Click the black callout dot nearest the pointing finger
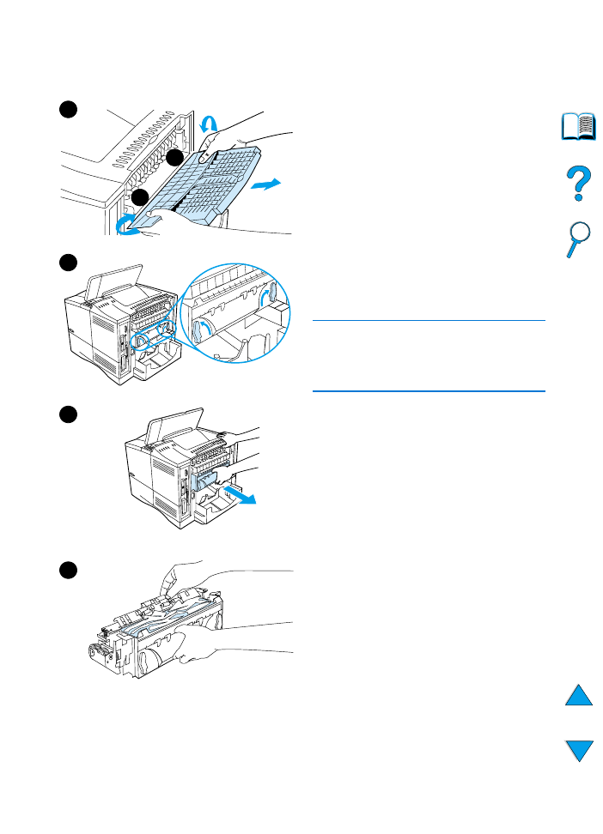click(x=174, y=159)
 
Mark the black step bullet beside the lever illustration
click(x=69, y=262)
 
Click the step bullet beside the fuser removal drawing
click(x=69, y=414)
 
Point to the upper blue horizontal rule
click(x=429, y=321)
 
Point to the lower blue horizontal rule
click(x=429, y=391)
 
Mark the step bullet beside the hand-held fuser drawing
click(x=69, y=571)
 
